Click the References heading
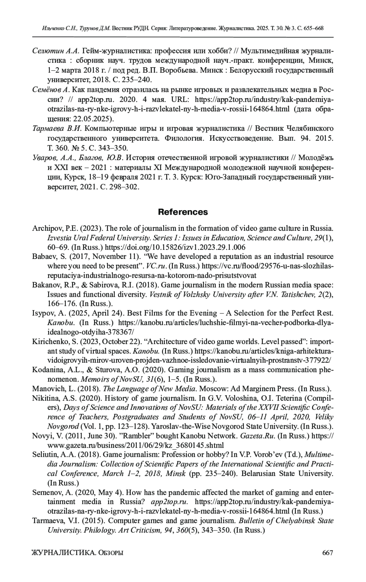click(183, 212)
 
